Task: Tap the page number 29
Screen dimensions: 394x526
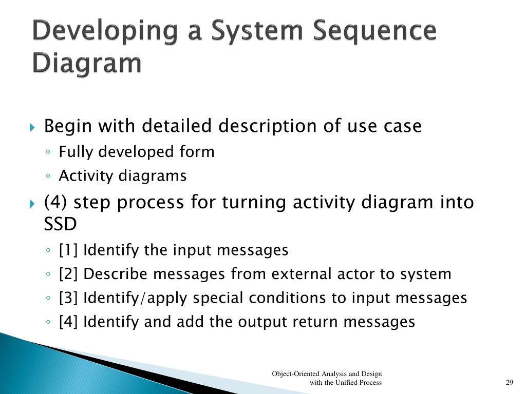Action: click(x=510, y=383)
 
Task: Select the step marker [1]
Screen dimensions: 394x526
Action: click(x=69, y=250)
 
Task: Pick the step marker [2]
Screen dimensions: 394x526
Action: click(x=69, y=274)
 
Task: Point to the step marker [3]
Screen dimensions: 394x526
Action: click(x=69, y=298)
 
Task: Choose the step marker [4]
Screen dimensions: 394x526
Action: click(x=69, y=322)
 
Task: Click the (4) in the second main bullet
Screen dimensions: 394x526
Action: click(x=57, y=203)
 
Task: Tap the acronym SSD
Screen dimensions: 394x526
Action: click(x=60, y=224)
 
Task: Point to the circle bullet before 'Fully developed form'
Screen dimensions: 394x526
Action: click(x=48, y=152)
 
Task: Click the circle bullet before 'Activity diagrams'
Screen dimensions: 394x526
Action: click(x=48, y=176)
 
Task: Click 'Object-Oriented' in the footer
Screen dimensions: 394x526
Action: click(x=295, y=374)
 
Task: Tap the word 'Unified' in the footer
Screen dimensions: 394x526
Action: click(x=347, y=383)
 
